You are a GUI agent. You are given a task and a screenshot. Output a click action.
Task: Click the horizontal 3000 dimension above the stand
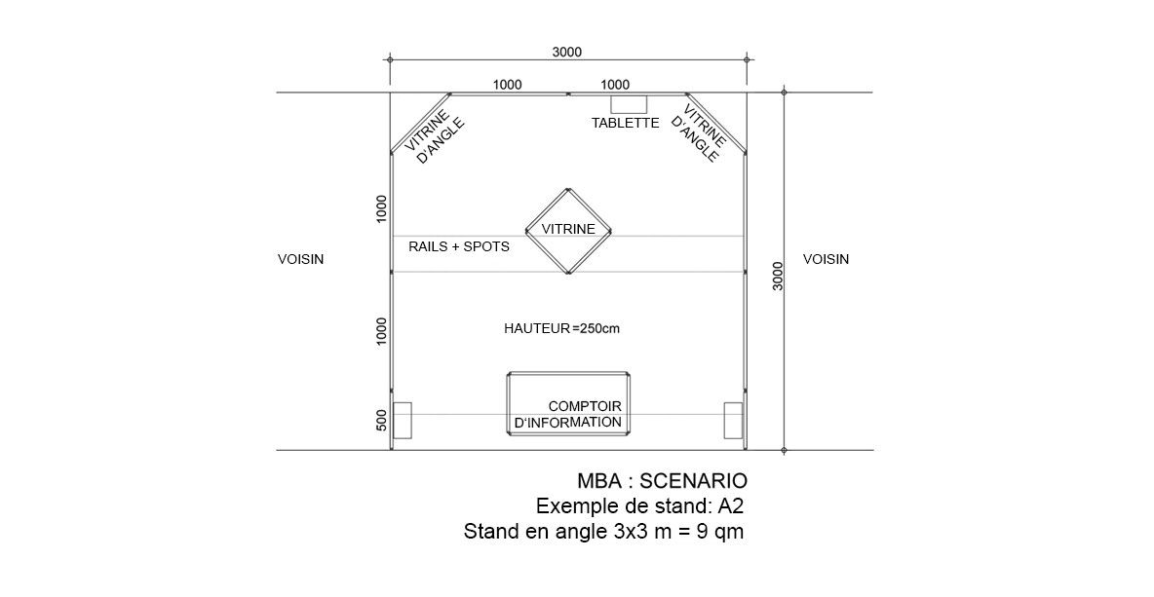point(566,52)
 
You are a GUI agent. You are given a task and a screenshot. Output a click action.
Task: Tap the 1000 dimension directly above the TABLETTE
point(615,85)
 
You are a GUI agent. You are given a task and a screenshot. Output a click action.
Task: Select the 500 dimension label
point(381,420)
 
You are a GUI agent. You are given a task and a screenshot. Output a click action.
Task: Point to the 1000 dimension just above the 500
point(381,331)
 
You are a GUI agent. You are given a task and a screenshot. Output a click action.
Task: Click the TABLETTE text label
point(626,123)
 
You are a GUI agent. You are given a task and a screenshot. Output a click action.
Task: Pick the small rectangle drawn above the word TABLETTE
point(629,103)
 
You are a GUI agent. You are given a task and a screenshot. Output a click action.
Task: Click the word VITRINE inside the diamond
point(568,229)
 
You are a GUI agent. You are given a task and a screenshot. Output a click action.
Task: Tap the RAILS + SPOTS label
point(458,247)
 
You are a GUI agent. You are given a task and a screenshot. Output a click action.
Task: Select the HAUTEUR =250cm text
point(561,328)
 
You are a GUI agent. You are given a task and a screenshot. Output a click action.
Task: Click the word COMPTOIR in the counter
point(585,406)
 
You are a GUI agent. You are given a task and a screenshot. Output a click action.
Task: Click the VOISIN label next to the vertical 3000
point(826,259)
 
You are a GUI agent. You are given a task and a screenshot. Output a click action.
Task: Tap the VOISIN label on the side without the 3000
point(300,259)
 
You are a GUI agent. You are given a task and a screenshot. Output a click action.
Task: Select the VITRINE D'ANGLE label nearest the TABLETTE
point(700,133)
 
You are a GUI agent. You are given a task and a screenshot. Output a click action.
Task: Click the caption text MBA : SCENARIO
point(663,481)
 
